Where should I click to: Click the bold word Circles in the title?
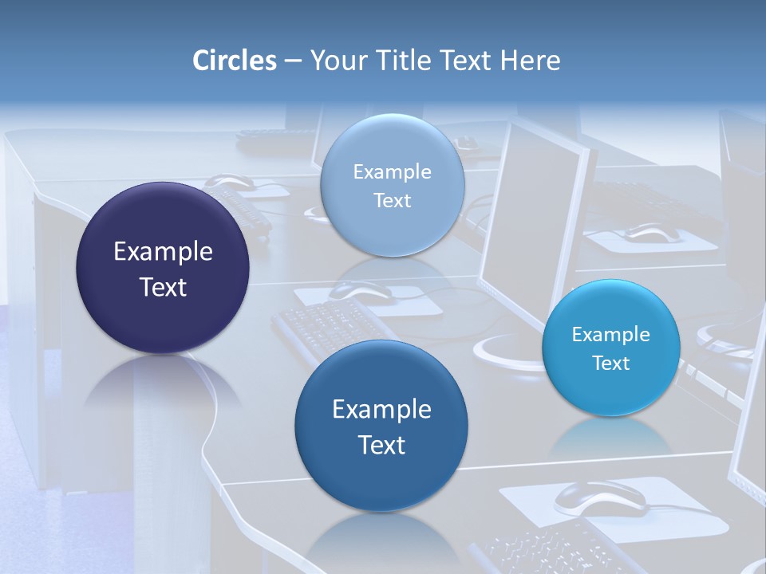pyautogui.click(x=235, y=61)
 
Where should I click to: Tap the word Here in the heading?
pyautogui.click(x=530, y=61)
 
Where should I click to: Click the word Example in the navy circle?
pyautogui.click(x=163, y=252)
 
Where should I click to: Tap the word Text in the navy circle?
pyautogui.click(x=163, y=287)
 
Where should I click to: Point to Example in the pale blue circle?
pyautogui.click(x=392, y=172)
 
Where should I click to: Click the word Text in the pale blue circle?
pyautogui.click(x=392, y=201)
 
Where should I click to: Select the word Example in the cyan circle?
pyautogui.click(x=610, y=335)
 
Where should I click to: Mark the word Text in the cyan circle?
pyautogui.click(x=610, y=364)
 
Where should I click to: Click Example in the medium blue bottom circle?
pyautogui.click(x=381, y=410)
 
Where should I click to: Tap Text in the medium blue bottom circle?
pyautogui.click(x=381, y=445)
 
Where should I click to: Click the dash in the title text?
pyautogui.click(x=293, y=61)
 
